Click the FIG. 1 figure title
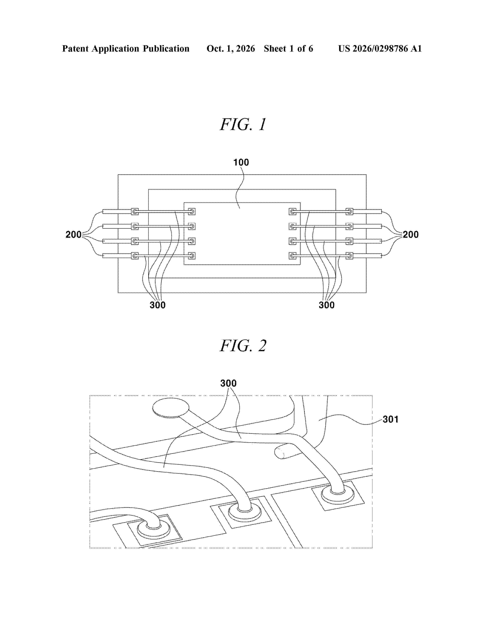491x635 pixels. (243, 124)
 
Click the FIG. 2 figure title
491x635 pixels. (243, 346)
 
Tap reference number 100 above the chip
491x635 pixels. (241, 162)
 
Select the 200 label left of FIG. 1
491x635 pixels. (74, 234)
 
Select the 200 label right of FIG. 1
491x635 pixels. (411, 234)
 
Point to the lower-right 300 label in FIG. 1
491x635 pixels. (327, 305)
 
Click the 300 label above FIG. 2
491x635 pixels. (228, 383)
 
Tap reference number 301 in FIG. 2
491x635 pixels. (390, 419)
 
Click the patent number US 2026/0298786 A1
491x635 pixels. (380, 48)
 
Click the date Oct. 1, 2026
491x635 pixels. (231, 48)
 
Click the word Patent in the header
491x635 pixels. (75, 48)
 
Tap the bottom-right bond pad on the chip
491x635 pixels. (293, 256)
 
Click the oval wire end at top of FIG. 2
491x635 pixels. (171, 408)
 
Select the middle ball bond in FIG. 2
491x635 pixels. (245, 512)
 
